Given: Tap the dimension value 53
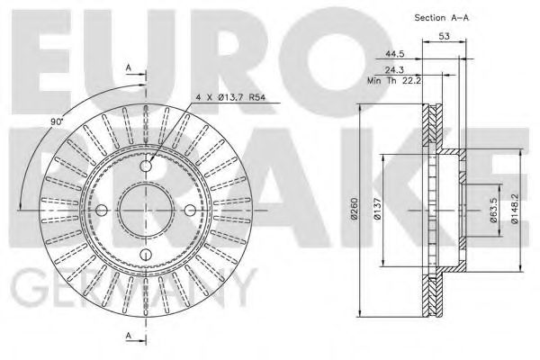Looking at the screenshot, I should click(x=445, y=36).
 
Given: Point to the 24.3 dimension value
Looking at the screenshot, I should click(x=394, y=69).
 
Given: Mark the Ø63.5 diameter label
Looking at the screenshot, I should click(x=493, y=213).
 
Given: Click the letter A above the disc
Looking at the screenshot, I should click(x=130, y=68).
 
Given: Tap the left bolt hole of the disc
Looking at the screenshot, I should click(x=102, y=211).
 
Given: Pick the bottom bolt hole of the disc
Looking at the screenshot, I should click(x=147, y=256).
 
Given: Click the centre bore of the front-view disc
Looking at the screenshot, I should click(x=147, y=211).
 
